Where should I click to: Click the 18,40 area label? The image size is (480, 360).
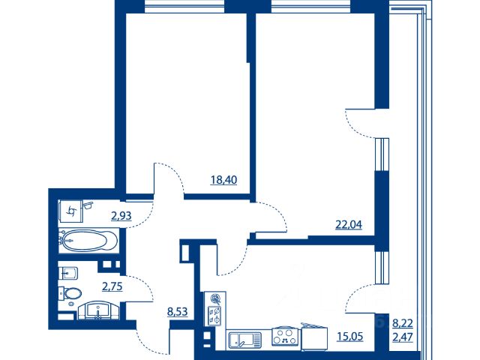223,180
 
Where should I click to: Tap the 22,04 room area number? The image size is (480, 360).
349,225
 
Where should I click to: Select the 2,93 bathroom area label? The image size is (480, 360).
121,216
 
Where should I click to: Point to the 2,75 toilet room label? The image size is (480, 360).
112,286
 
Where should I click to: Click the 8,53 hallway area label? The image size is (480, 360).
177,312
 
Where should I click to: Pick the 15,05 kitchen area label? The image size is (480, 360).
350,337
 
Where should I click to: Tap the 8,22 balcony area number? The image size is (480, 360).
403,323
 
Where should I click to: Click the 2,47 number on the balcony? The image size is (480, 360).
403,337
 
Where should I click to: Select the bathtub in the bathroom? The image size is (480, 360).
89,240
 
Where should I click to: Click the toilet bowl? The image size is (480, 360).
71,294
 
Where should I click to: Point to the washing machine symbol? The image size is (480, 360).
71,211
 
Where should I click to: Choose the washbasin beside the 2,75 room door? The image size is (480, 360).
98,310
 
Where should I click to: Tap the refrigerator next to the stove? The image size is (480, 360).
314,337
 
